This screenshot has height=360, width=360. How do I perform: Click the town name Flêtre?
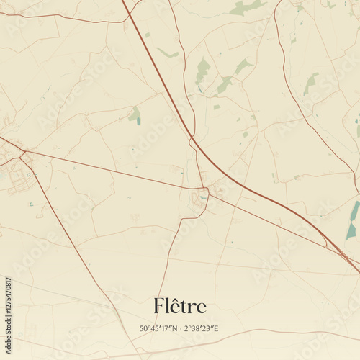(179, 307)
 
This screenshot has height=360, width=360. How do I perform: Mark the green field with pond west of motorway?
(135, 115)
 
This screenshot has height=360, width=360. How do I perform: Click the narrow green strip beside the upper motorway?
(168, 53)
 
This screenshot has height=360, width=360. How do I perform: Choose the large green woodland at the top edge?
(245, 8)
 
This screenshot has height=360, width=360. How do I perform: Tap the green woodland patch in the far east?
(311, 83)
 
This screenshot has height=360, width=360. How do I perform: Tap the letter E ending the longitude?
(216, 329)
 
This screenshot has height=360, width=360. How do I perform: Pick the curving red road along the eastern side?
(295, 101)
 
